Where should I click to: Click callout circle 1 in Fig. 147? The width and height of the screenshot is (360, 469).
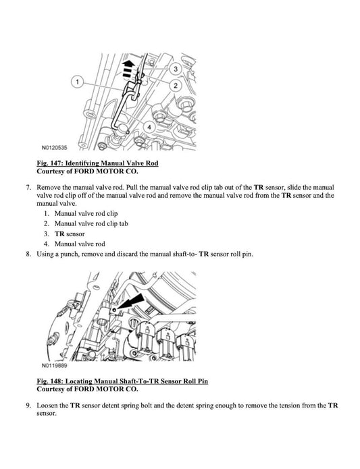point(78,82)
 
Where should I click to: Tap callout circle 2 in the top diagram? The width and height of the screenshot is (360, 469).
point(175,86)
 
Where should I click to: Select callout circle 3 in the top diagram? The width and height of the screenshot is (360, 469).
point(175,69)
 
